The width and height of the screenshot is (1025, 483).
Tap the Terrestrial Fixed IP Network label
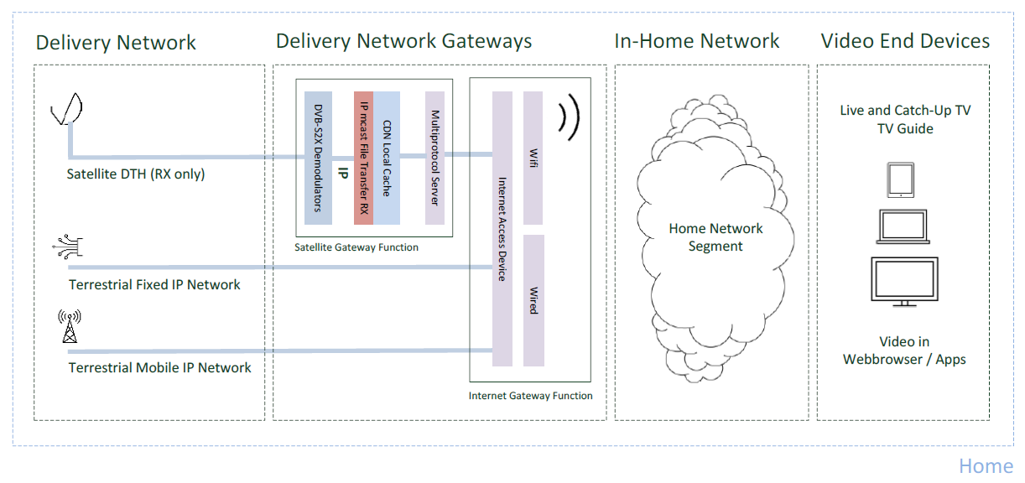154,285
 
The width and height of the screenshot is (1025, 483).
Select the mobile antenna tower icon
69,327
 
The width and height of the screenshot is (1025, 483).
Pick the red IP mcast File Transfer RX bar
363,158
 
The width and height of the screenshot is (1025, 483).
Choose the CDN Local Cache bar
387,158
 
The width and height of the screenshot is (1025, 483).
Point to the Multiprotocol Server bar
434,158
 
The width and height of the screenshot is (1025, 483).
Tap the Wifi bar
533,158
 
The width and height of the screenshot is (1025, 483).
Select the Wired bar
533,300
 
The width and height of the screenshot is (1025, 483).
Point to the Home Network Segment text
715,237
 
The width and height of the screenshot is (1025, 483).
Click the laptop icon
903,227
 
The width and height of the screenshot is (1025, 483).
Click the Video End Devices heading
905,41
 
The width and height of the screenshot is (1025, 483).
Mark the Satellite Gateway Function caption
356,247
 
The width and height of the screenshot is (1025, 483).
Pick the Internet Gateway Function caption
530,396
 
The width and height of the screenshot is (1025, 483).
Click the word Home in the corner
986,466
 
